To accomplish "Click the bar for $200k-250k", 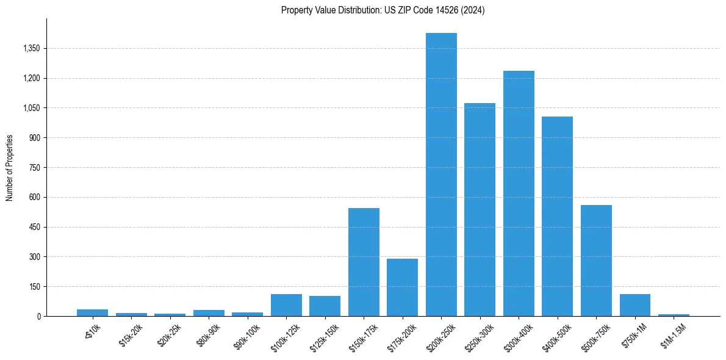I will tap(441, 175).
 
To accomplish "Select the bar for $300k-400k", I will tap(519, 193).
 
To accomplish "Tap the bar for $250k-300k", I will tap(480, 209).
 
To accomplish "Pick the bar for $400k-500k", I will tap(557, 216).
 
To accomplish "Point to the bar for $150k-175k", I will tap(364, 262).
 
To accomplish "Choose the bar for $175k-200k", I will tap(402, 287).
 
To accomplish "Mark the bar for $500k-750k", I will tap(596, 261).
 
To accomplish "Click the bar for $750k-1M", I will tap(634, 305).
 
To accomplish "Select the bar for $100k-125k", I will tap(286, 305).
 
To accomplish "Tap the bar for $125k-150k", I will tap(325, 306).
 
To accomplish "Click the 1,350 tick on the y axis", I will tap(31, 48).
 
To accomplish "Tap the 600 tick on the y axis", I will tap(34, 197).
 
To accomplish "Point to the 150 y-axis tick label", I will tap(34, 287).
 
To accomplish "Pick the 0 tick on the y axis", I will tap(38, 316).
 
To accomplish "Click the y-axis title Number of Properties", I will tap(9, 167).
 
